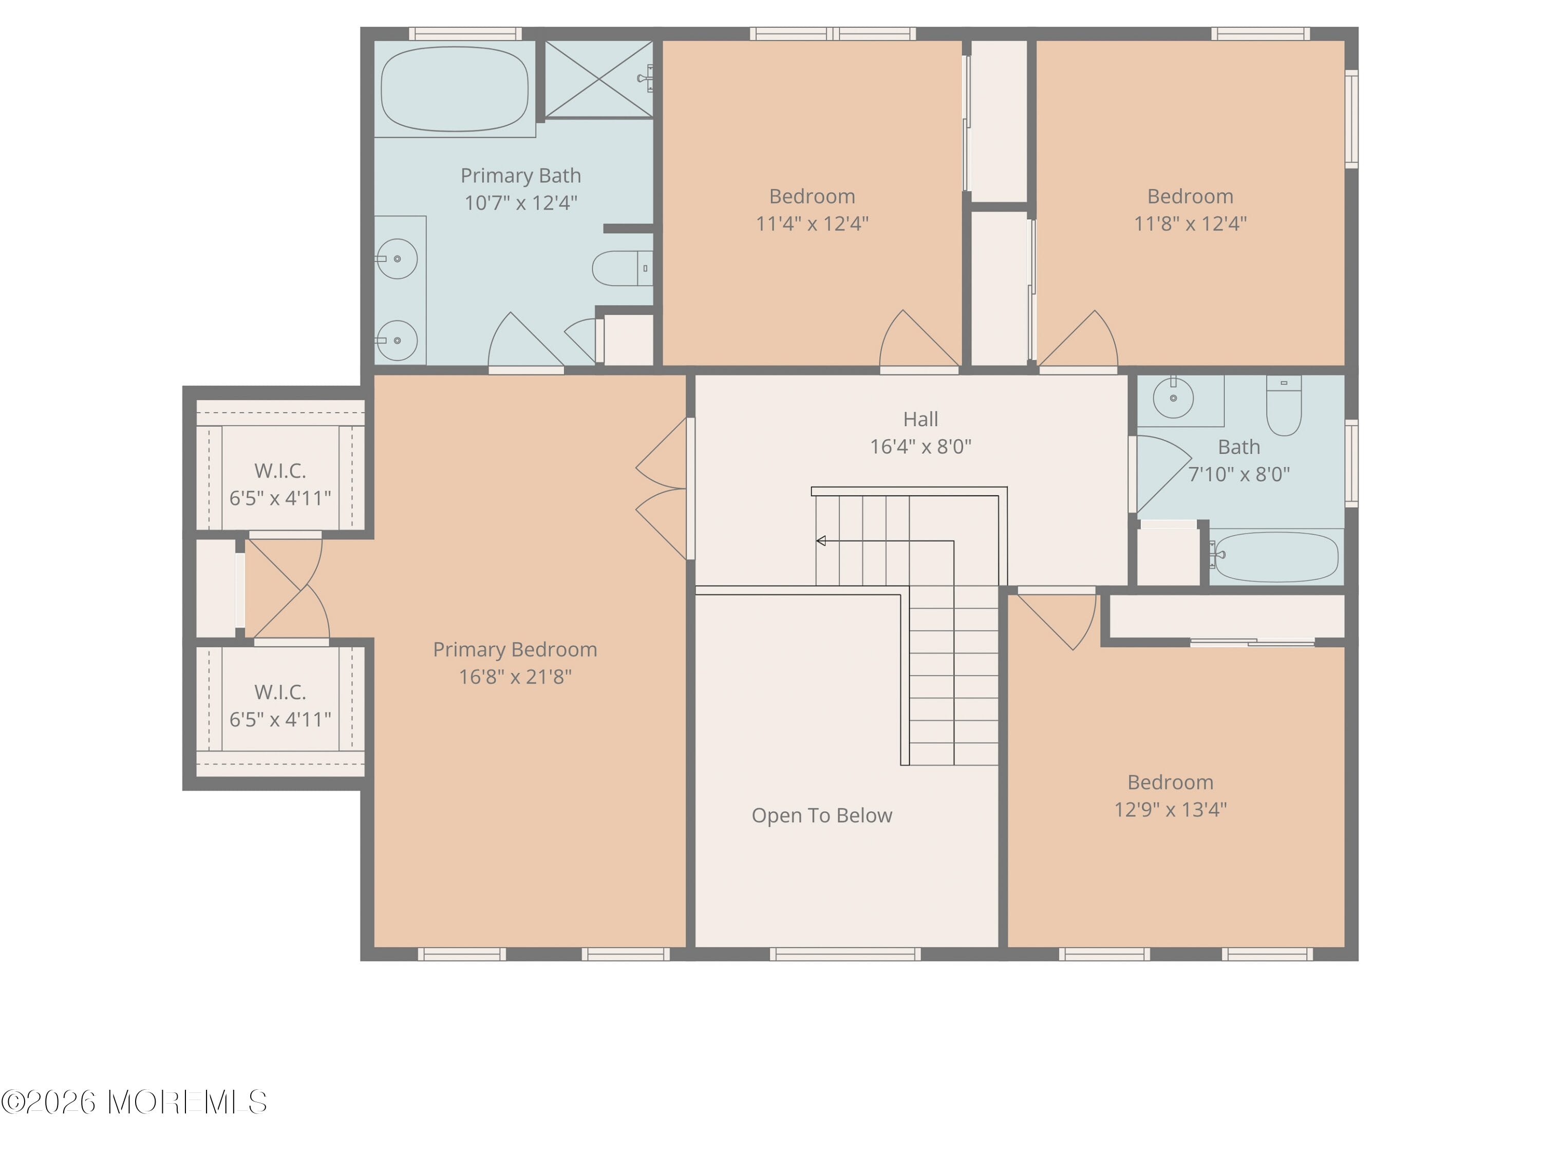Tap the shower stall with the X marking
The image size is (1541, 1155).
point(598,79)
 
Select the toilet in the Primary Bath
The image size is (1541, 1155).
point(622,268)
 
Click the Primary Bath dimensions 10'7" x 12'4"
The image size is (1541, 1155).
point(520,203)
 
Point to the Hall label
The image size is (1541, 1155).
point(920,419)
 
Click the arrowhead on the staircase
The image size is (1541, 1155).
point(821,541)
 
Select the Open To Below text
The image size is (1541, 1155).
point(821,815)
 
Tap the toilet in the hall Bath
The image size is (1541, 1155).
point(1283,406)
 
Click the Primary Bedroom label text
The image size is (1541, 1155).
point(515,649)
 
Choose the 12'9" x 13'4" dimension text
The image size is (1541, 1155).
point(1170,810)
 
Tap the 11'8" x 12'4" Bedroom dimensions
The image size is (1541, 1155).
point(1190,223)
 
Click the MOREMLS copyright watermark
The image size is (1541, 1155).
point(134,1102)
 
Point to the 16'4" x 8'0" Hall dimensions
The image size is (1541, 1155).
point(920,446)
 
